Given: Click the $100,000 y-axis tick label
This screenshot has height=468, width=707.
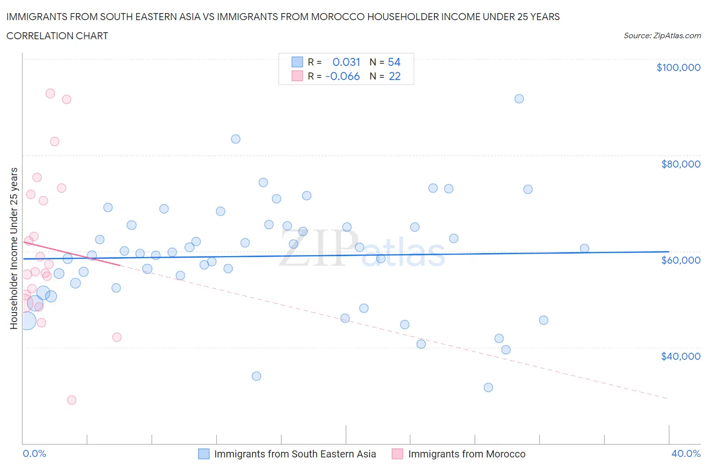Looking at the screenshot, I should coord(678,67).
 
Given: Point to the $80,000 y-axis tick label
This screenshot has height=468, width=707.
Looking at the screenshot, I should coord(680,164).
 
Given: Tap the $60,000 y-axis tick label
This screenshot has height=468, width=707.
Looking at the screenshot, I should coord(680,260).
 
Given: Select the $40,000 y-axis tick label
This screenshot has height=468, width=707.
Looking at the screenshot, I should coord(680,356).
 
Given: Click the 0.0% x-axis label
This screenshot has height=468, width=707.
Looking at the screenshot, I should coord(34,453).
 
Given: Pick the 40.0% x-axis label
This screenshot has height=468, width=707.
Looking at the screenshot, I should coord(686,453).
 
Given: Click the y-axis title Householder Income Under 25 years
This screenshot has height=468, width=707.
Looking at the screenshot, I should coord(14,248).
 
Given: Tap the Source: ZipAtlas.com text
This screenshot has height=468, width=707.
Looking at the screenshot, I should coord(662,36).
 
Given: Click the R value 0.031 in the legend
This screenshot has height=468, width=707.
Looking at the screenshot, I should coord(346,62).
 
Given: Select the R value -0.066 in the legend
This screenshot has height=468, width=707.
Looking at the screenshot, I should coord(342,76).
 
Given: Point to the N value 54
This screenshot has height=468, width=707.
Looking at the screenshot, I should coord(394,62).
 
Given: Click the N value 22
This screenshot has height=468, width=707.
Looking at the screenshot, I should coord(395,76).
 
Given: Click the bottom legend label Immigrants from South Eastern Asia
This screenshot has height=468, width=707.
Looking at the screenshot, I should coord(295,454).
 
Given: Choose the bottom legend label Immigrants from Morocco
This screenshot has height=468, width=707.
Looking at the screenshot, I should coord(467,454).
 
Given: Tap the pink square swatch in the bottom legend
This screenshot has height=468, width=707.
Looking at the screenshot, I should coord(397,454).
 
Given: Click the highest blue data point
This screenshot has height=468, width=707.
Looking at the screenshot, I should coord(519,99).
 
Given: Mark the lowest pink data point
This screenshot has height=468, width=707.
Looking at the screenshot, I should coord(71,400).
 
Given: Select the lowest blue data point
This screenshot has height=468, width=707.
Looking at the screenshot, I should coord(488,387).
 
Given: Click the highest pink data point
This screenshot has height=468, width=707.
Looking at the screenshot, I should coord(50,94).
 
